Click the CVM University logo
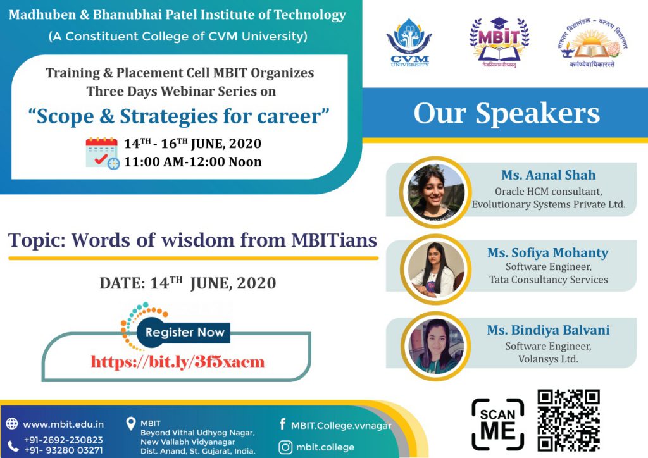[409, 42]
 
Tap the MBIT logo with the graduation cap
[499, 42]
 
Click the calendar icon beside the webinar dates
[103, 153]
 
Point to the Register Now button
[184, 333]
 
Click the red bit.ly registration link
[178, 361]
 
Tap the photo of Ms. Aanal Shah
[435, 192]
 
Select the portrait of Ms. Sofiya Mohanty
[435, 269]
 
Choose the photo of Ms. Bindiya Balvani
[435, 347]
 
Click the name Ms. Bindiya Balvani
[548, 330]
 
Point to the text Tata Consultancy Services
[549, 280]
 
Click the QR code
[569, 420]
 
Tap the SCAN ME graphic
[498, 424]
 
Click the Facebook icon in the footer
[283, 424]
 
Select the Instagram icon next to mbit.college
[285, 447]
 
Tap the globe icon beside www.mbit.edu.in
[12, 424]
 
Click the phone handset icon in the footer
[13, 446]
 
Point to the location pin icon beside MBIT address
[130, 424]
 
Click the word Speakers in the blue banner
[537, 113]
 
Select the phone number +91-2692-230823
[63, 440]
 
